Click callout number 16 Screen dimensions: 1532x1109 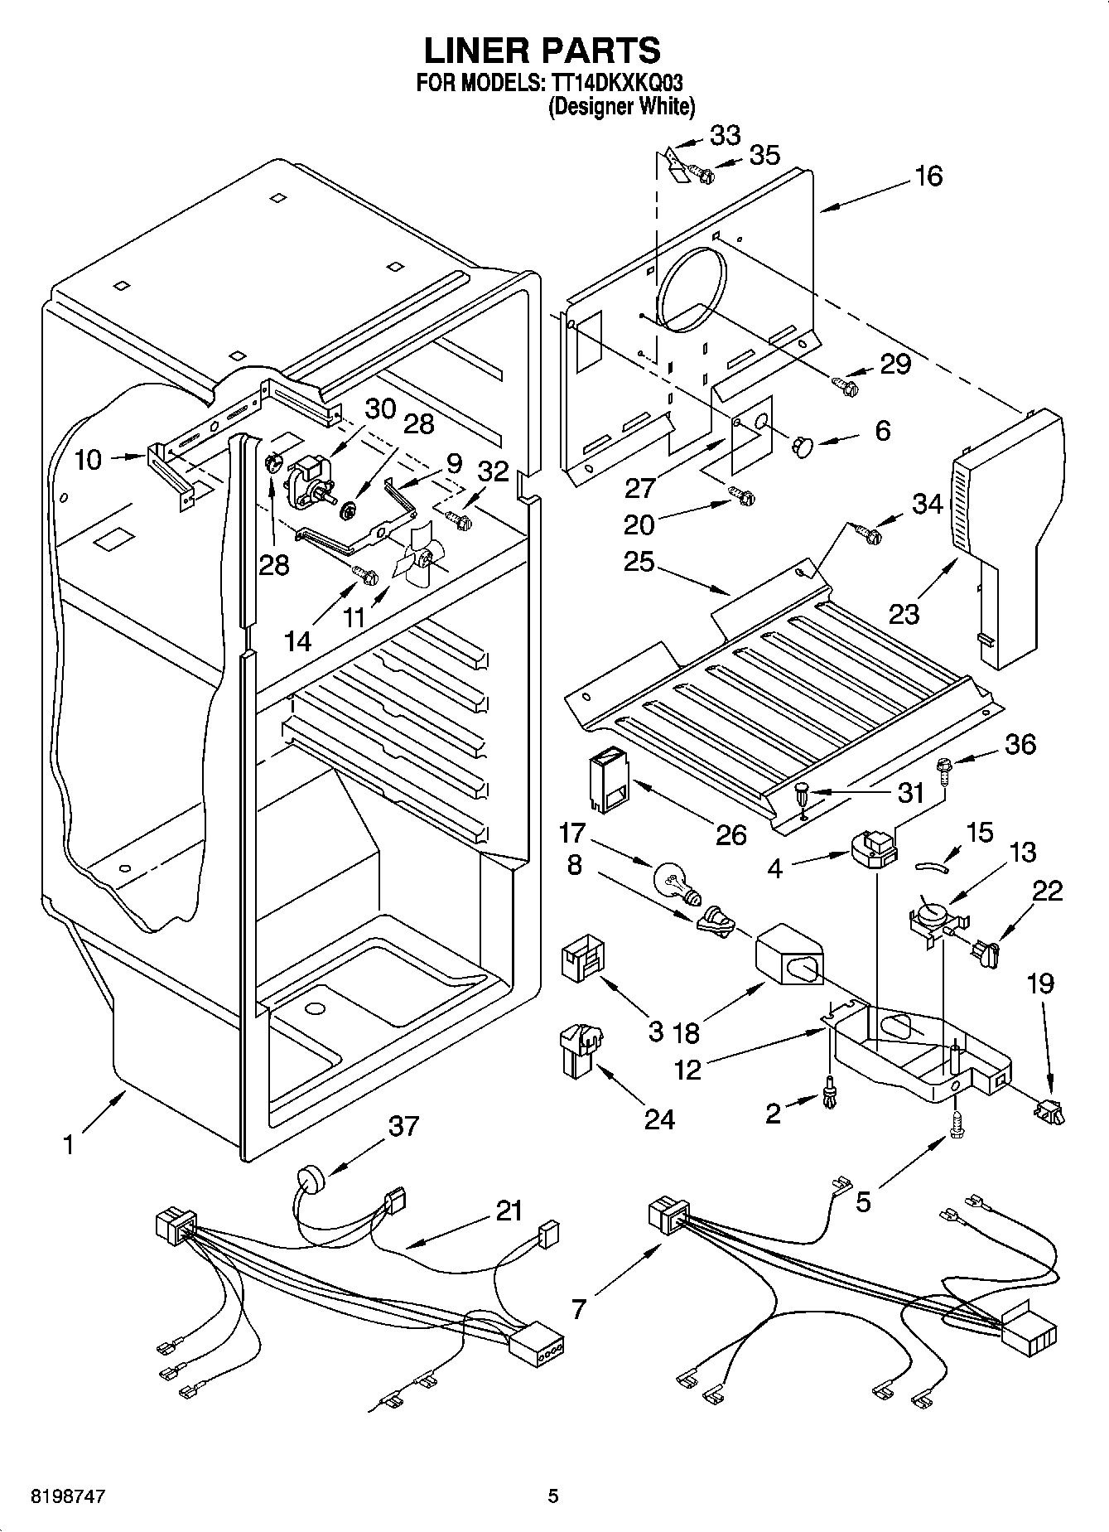coord(928,176)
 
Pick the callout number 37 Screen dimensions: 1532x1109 coord(403,1127)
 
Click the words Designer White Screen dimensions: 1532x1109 coord(620,106)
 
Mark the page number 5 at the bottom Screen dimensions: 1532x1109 coord(552,1496)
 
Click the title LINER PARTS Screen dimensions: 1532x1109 coord(542,51)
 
